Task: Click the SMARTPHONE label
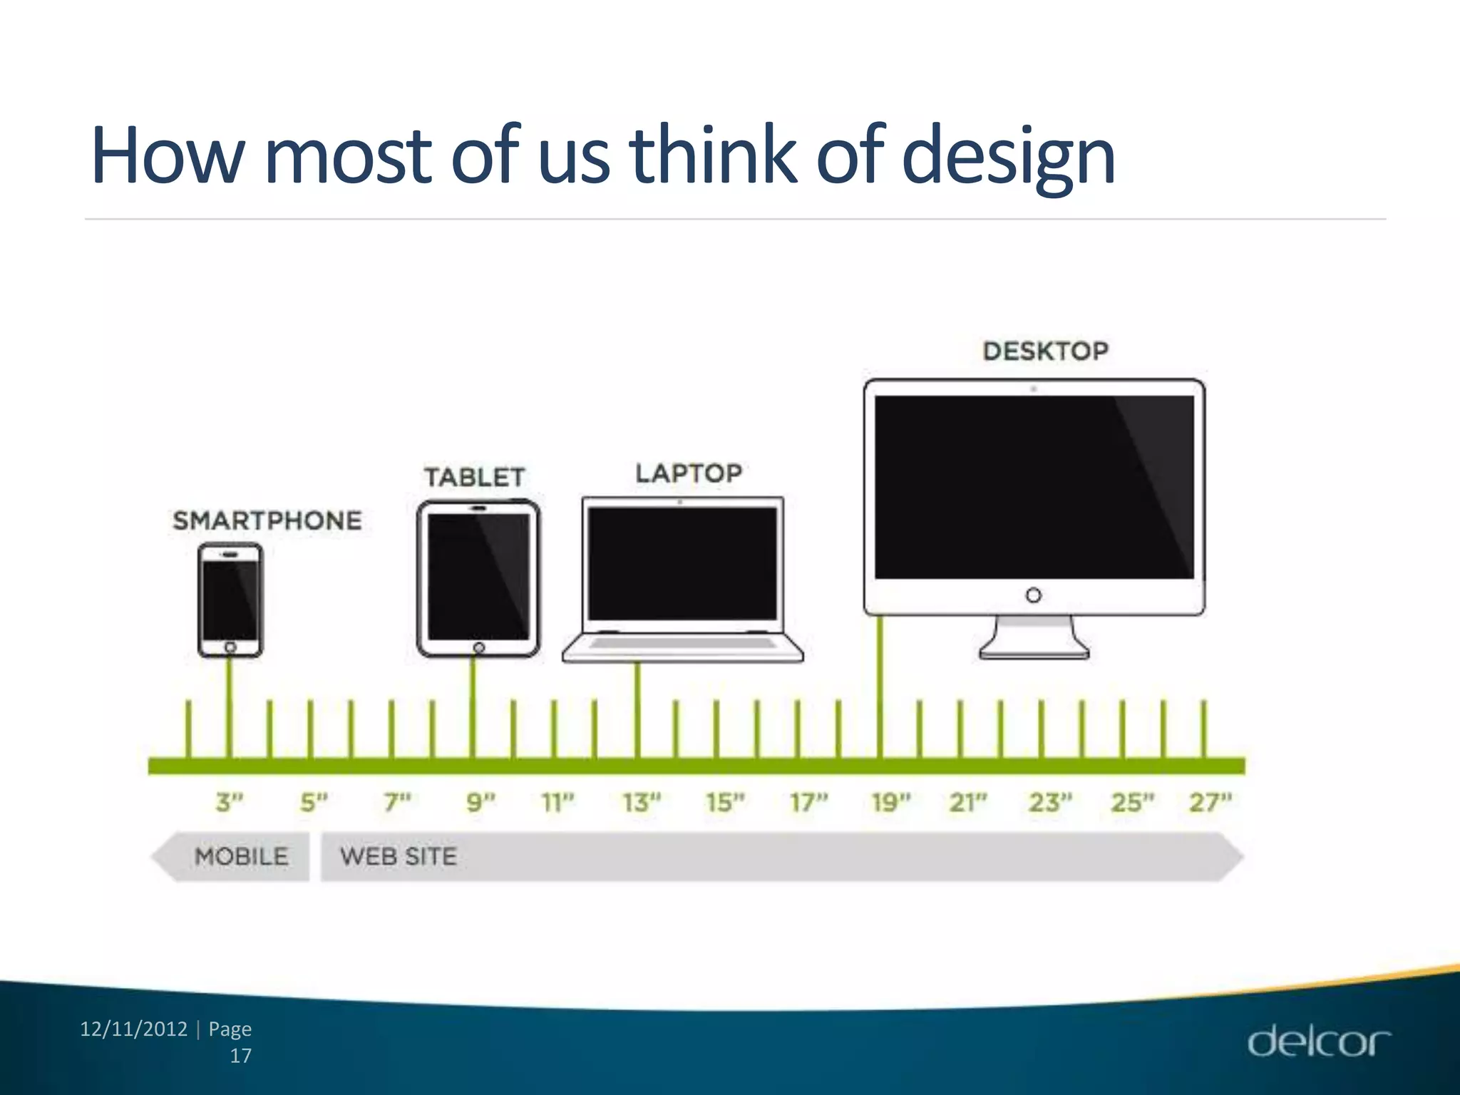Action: tap(267, 520)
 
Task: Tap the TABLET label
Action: tap(474, 477)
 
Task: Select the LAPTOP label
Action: tap(689, 473)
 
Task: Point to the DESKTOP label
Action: tap(1045, 351)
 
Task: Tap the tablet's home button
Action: tap(479, 647)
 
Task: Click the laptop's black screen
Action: tap(682, 563)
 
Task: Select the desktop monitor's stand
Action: tap(1034, 637)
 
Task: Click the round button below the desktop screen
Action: tap(1034, 595)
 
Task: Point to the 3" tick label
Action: tap(230, 803)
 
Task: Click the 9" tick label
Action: tap(480, 803)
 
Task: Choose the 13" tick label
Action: tap(642, 803)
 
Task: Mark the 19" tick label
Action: tap(891, 803)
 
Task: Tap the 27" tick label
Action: tap(1210, 803)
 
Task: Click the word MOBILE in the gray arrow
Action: tap(242, 856)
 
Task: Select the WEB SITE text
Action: tap(399, 856)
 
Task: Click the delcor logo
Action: tap(1318, 1042)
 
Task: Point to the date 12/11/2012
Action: tap(133, 1029)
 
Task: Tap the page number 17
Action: tap(241, 1056)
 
